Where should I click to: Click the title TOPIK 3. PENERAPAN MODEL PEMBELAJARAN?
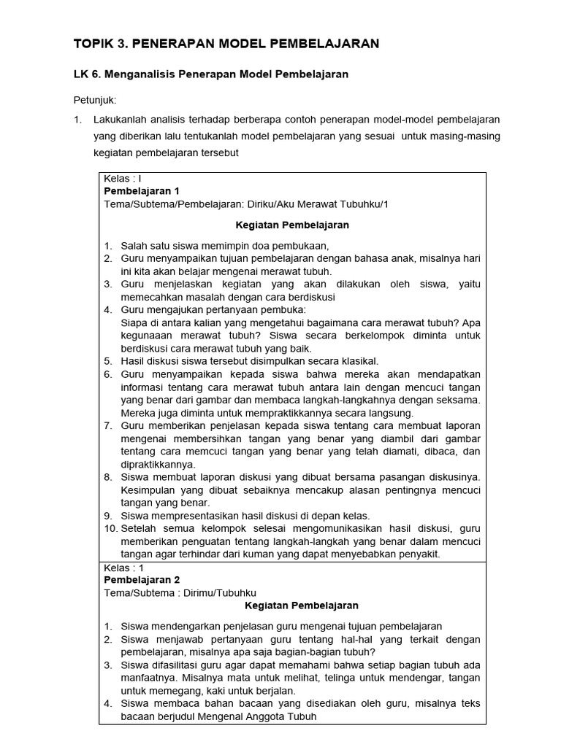pyautogui.click(x=226, y=44)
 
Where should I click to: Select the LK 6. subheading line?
pyautogui.click(x=211, y=74)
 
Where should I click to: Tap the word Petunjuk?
pyautogui.click(x=95, y=99)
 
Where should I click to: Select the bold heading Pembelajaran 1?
pyautogui.click(x=141, y=191)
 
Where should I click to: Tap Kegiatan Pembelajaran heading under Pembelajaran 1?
pyautogui.click(x=291, y=225)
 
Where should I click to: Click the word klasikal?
pyautogui.click(x=355, y=360)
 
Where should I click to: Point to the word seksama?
pyautogui.click(x=459, y=399)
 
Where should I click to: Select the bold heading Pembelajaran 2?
pyautogui.click(x=141, y=580)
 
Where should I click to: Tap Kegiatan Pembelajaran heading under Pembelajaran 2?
pyautogui.click(x=291, y=605)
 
